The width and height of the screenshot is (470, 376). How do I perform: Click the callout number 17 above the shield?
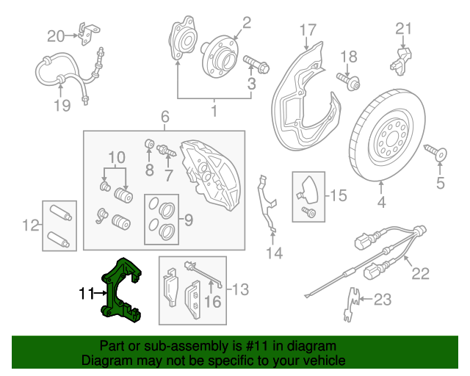(308, 30)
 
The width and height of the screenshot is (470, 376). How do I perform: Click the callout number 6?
(165, 116)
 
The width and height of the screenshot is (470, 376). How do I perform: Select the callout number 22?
(419, 274)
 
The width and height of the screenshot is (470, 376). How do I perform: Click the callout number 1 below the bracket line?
(214, 112)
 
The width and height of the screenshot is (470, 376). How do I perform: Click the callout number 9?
(187, 218)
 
